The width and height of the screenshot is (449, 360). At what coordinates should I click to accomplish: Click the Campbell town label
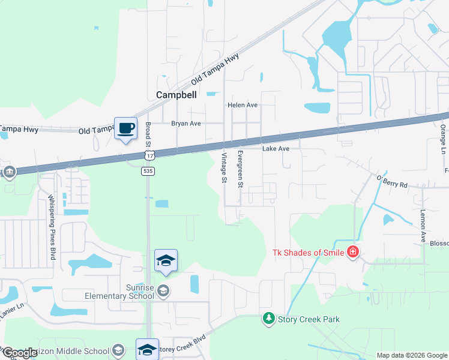pos(176,95)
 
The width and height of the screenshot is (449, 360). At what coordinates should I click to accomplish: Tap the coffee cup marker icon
pos(125,128)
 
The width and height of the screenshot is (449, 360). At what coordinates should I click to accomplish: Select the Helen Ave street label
pos(242,105)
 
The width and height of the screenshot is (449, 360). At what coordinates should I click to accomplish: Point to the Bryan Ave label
pos(185,124)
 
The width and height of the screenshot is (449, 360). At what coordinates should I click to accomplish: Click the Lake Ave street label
pos(276,148)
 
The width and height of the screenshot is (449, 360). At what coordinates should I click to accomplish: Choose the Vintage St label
pos(224,167)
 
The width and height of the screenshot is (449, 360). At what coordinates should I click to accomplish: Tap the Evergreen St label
pos(240,169)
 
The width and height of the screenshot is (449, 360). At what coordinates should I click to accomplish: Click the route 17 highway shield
pos(149,156)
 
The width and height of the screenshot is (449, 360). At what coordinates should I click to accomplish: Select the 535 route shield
pos(148,171)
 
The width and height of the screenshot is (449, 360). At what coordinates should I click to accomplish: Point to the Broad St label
pos(148,134)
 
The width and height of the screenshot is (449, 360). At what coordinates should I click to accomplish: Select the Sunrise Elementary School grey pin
pos(163,292)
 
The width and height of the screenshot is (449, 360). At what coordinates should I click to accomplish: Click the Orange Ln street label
pos(443,138)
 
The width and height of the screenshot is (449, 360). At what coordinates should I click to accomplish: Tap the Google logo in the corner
pos(19,353)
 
